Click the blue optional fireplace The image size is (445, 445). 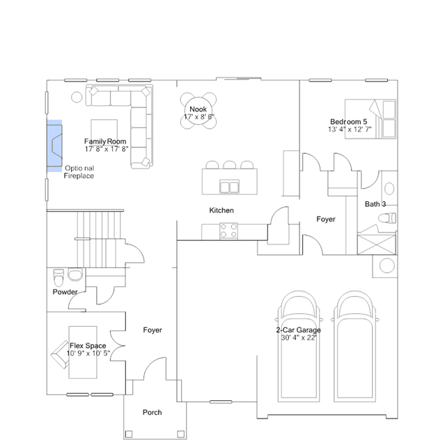click(54, 146)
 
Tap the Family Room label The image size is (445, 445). click(105, 141)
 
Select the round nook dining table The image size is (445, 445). click(198, 111)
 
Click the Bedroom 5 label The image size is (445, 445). click(348, 122)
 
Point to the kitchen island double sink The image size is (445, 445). click(229, 187)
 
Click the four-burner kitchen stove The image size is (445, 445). click(228, 231)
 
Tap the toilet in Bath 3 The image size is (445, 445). click(387, 218)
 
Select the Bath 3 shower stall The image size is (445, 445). click(377, 244)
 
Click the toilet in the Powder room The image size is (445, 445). click(58, 278)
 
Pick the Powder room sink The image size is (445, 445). click(75, 274)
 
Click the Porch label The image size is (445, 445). click(152, 412)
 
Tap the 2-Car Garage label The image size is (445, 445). click(298, 330)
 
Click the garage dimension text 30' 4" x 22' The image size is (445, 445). click(299, 338)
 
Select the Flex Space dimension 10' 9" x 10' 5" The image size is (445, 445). click(88, 353)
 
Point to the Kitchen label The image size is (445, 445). click(221, 210)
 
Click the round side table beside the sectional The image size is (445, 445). click(77, 97)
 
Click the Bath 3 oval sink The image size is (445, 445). click(389, 189)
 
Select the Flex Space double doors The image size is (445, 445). click(118, 345)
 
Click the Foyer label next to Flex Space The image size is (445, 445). click(153, 330)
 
